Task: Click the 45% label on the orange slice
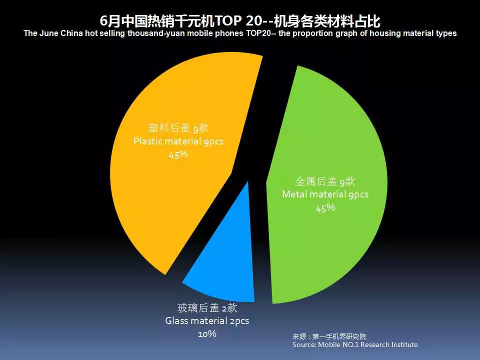[x=178, y=154]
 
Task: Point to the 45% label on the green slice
[x=325, y=208]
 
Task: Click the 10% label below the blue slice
[x=207, y=333]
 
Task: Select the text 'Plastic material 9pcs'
[x=178, y=141]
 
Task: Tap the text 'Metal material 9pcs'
[x=325, y=194]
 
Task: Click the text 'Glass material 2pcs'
[x=207, y=321]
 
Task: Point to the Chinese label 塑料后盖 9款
[x=178, y=127]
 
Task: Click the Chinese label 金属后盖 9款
[x=325, y=181]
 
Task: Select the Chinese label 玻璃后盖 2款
[x=207, y=307]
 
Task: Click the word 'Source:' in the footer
[x=304, y=344]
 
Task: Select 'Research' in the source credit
[x=374, y=344]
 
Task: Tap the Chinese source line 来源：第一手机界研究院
[x=329, y=336]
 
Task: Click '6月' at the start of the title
[x=110, y=21]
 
